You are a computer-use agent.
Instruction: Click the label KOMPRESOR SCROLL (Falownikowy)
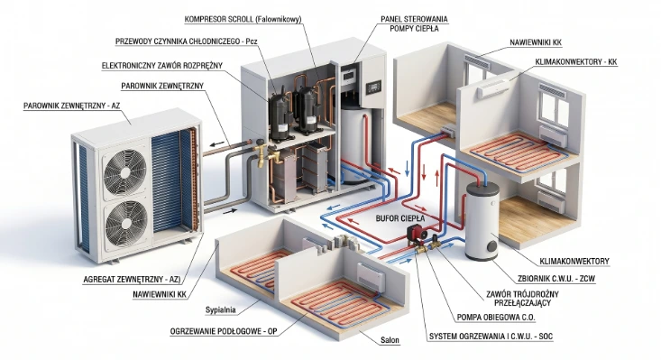(243, 19)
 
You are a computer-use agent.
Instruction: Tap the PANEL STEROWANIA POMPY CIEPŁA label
(414, 23)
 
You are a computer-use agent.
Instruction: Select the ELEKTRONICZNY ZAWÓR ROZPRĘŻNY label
(162, 66)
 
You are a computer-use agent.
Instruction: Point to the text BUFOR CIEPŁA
(400, 218)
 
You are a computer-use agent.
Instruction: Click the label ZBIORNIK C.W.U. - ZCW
(556, 279)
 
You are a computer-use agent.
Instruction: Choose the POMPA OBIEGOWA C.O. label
(496, 317)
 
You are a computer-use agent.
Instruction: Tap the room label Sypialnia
(220, 310)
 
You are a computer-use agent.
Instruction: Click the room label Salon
(390, 340)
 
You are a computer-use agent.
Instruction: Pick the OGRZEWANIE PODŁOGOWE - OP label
(224, 331)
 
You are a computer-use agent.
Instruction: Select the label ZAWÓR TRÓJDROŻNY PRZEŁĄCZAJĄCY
(522, 299)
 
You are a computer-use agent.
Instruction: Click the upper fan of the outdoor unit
(125, 172)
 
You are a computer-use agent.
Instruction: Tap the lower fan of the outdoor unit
(126, 224)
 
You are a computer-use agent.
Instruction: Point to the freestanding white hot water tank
(482, 222)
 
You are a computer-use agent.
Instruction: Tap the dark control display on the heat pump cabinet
(373, 88)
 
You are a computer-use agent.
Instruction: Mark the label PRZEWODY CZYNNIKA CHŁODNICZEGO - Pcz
(187, 42)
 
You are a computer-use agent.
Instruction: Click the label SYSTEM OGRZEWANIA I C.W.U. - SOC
(491, 337)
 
